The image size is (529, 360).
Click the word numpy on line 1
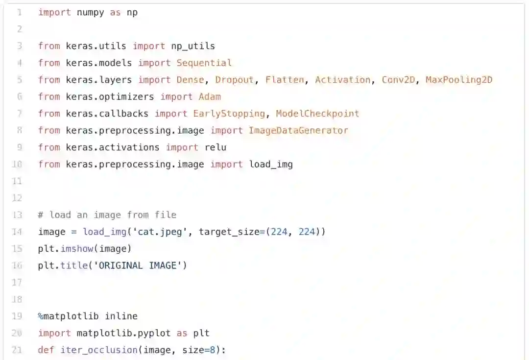click(91, 13)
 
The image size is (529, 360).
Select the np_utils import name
click(193, 46)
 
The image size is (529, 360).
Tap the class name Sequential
click(204, 63)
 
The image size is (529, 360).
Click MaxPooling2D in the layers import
click(459, 80)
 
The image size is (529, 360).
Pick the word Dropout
click(235, 80)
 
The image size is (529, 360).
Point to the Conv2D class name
click(398, 80)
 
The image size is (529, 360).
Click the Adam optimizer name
click(210, 96)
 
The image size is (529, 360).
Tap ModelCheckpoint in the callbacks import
click(317, 114)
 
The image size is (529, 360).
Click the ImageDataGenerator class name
click(298, 130)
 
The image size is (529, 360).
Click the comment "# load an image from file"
click(107, 215)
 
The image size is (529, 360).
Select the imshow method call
click(77, 249)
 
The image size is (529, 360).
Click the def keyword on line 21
click(47, 350)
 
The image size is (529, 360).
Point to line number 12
click(17, 198)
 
